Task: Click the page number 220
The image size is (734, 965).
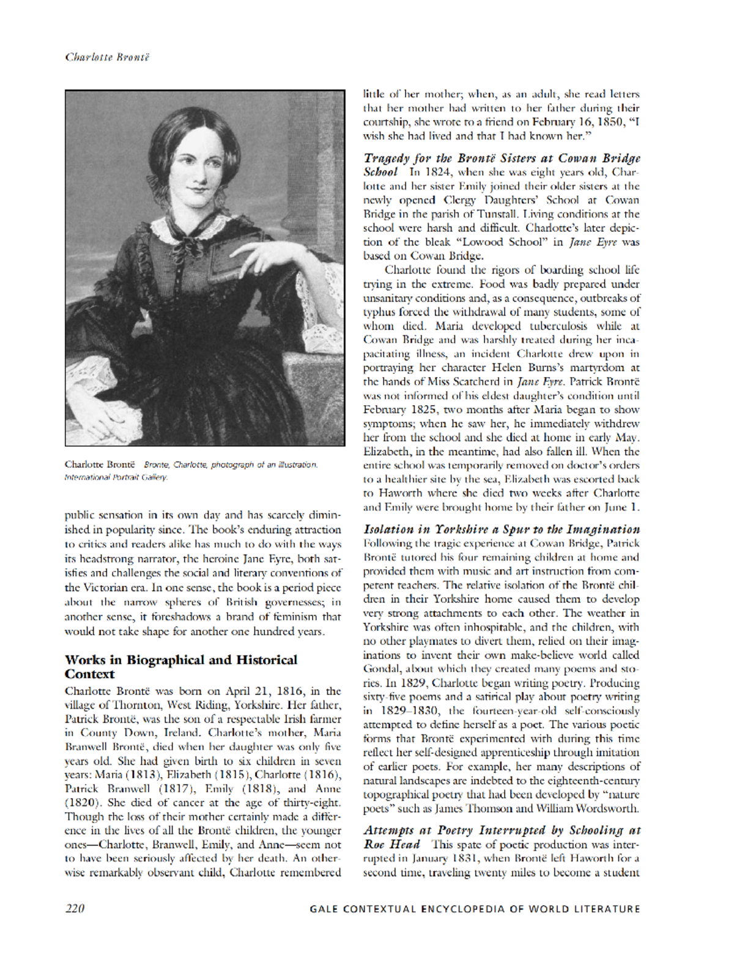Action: (75, 909)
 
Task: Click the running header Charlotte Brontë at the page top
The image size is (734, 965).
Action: (107, 57)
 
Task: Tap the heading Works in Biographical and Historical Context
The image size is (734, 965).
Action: (180, 667)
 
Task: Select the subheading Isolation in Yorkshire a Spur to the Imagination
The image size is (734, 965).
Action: (502, 529)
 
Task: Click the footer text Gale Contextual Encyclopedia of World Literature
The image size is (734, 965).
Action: (475, 909)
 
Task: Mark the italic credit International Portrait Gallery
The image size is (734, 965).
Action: (116, 477)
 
